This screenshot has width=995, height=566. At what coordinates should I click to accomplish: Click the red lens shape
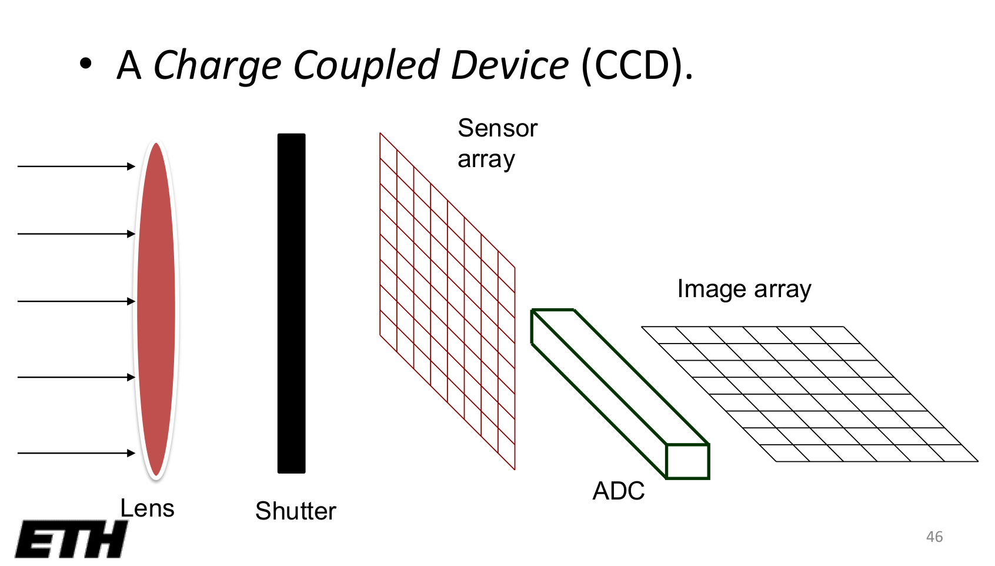point(156,309)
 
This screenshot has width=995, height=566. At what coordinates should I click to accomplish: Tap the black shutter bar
point(291,303)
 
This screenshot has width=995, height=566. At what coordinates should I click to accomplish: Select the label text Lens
point(147,508)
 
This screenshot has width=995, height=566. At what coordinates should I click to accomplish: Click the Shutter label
point(295,511)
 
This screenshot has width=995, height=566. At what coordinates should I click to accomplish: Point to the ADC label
point(618,491)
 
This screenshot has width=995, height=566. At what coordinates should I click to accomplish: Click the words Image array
point(744,289)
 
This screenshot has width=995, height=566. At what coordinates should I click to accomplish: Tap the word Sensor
point(498,128)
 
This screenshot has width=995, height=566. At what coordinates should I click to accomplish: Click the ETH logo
point(71,539)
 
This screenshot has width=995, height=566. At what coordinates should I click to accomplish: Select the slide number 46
point(934,537)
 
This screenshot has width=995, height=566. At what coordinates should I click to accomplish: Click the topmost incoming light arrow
point(76,167)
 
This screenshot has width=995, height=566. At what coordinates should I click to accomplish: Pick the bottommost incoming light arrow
point(76,453)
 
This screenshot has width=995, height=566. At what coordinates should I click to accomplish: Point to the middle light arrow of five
point(76,301)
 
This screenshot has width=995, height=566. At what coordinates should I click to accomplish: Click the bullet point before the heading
point(86,64)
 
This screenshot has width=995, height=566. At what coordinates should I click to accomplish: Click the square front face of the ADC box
point(687,461)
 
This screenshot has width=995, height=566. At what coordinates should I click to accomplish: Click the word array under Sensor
point(486,159)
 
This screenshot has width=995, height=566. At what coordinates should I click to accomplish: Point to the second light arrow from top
point(76,234)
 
